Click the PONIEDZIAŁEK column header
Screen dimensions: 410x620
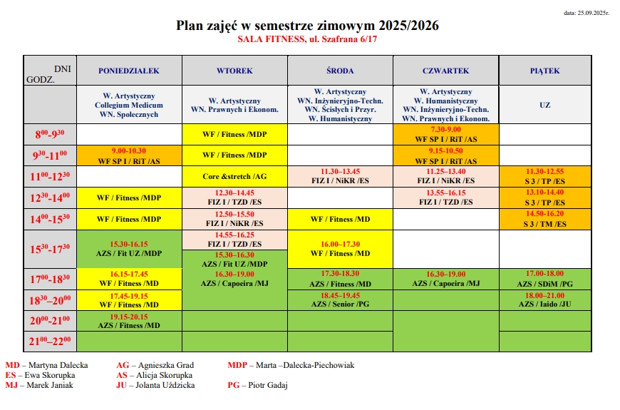click(x=129, y=71)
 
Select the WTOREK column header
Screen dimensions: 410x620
click(x=234, y=71)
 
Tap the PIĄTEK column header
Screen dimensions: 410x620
click(x=544, y=71)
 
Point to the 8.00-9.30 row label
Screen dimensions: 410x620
click(x=51, y=134)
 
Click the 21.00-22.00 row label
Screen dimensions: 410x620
click(x=51, y=341)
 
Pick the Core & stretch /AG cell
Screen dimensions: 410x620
click(x=234, y=176)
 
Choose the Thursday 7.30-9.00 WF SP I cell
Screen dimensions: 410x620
click(x=446, y=134)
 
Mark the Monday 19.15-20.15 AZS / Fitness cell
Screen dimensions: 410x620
click(x=129, y=320)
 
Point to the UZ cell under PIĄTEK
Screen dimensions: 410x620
click(x=544, y=105)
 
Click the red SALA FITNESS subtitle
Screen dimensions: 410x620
click(x=308, y=40)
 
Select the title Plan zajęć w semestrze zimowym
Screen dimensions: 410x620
click(x=308, y=26)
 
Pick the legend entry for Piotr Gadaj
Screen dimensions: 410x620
click(x=258, y=385)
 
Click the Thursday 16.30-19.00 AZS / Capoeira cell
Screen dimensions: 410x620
click(x=446, y=279)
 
